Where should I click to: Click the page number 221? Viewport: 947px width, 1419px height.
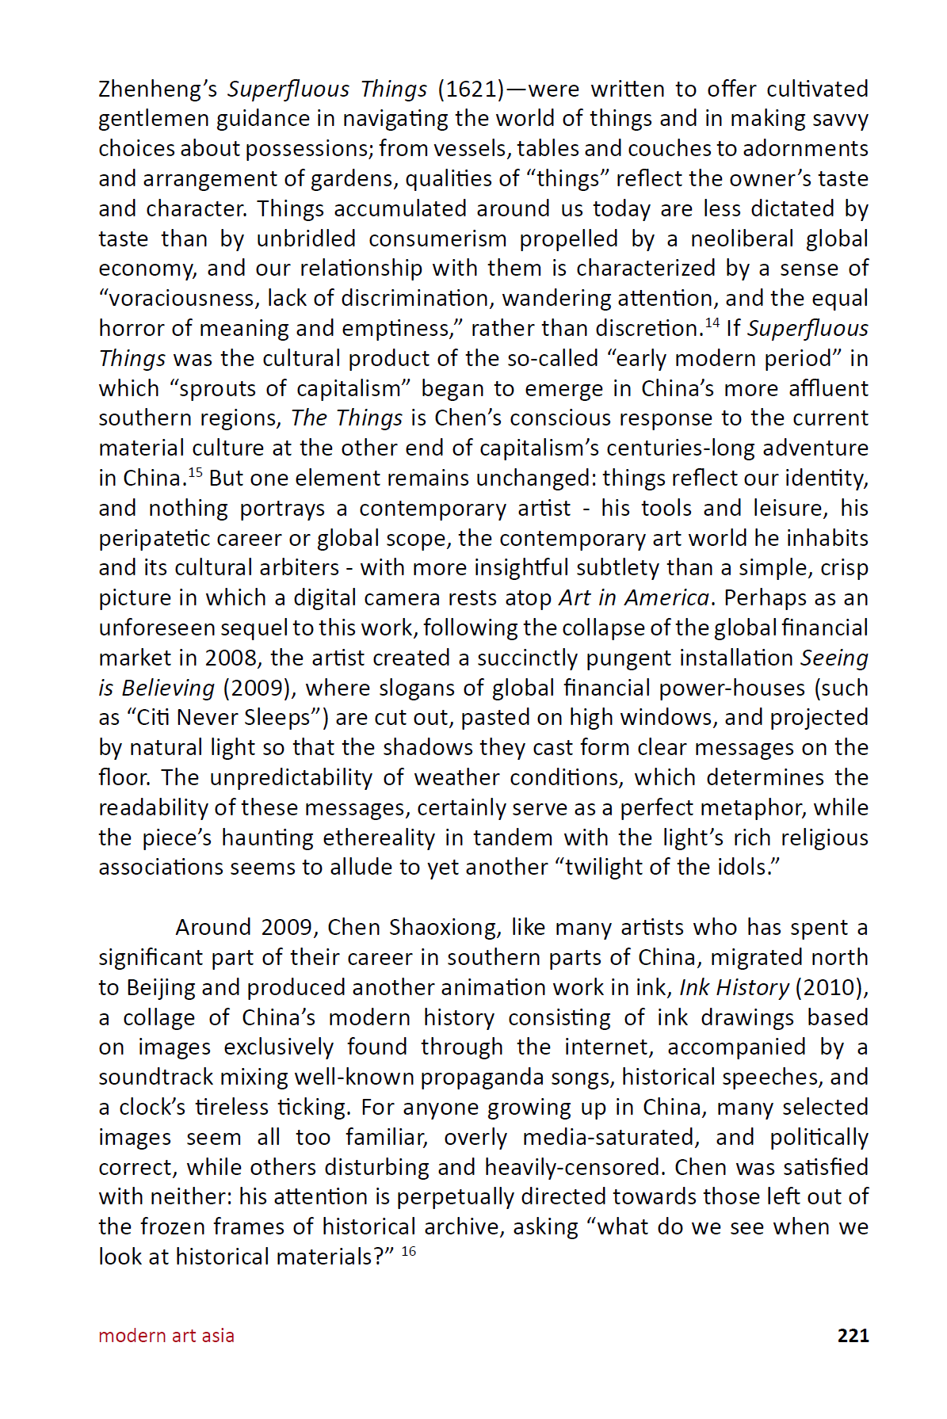pos(853,1335)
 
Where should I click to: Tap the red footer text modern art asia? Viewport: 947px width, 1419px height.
pos(166,1335)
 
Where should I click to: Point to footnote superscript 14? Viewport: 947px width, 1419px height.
pos(712,322)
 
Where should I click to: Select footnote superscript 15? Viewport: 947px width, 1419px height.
pos(195,472)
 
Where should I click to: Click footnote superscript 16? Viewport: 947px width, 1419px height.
pos(409,1251)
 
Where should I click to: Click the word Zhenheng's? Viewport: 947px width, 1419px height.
pos(158,89)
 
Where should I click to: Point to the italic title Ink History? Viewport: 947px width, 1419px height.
pos(734,987)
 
